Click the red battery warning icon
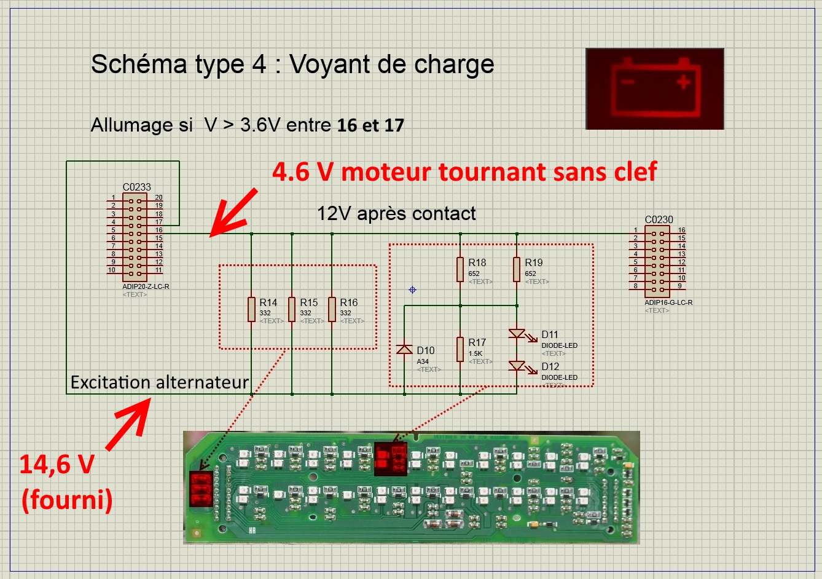(655, 89)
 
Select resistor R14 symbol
(251, 309)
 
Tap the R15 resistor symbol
(292, 309)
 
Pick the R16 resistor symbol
(332, 309)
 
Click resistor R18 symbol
(460, 269)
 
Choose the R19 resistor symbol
(517, 269)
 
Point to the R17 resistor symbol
(460, 349)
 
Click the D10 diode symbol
(404, 349)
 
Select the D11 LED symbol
(517, 334)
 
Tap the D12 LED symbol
(517, 366)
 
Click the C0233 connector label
(136, 187)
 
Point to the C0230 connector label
(659, 219)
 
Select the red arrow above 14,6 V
(128, 424)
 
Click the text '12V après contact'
(396, 213)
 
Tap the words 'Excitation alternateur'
(160, 382)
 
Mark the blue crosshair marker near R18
(412, 289)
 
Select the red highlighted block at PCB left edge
(201, 489)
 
